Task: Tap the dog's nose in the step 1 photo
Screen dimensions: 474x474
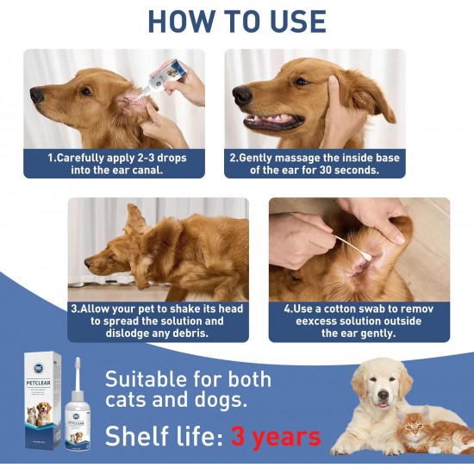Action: tap(36, 94)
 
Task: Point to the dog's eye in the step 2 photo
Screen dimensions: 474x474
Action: tap(300, 81)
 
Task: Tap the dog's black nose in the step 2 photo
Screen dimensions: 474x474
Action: tap(242, 96)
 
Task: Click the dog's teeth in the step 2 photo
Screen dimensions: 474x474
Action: tap(273, 119)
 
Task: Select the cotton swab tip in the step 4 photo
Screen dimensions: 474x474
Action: tap(366, 258)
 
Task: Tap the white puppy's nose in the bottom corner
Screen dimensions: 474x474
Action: tap(383, 395)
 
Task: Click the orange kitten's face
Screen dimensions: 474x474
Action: tap(415, 427)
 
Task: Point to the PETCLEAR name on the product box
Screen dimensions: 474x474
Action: tap(39, 383)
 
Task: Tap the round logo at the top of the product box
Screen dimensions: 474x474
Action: tap(39, 368)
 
